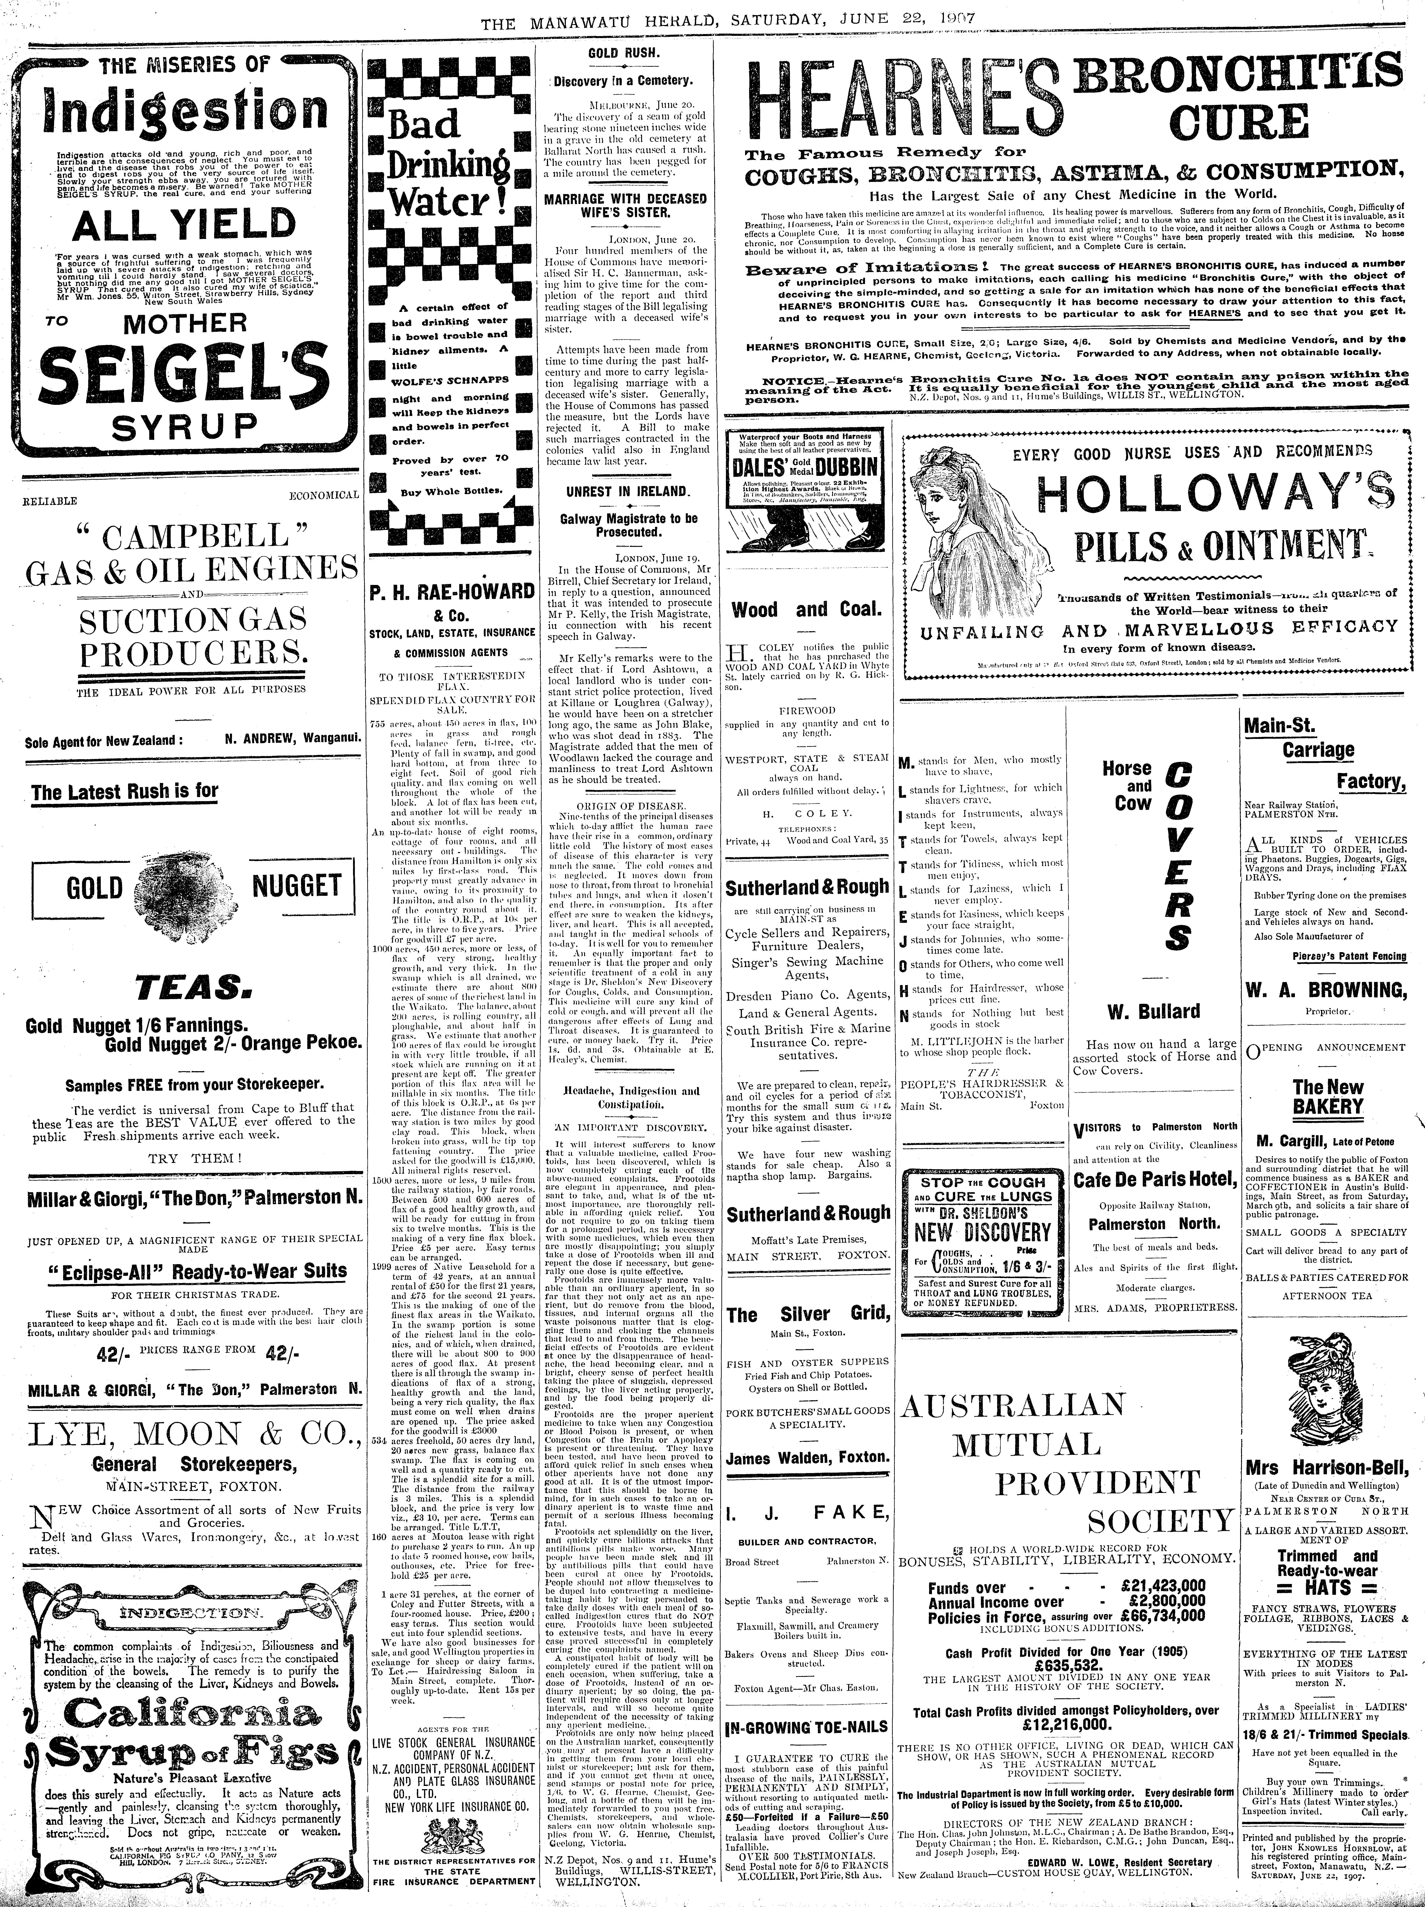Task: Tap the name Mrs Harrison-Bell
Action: point(1326,1468)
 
